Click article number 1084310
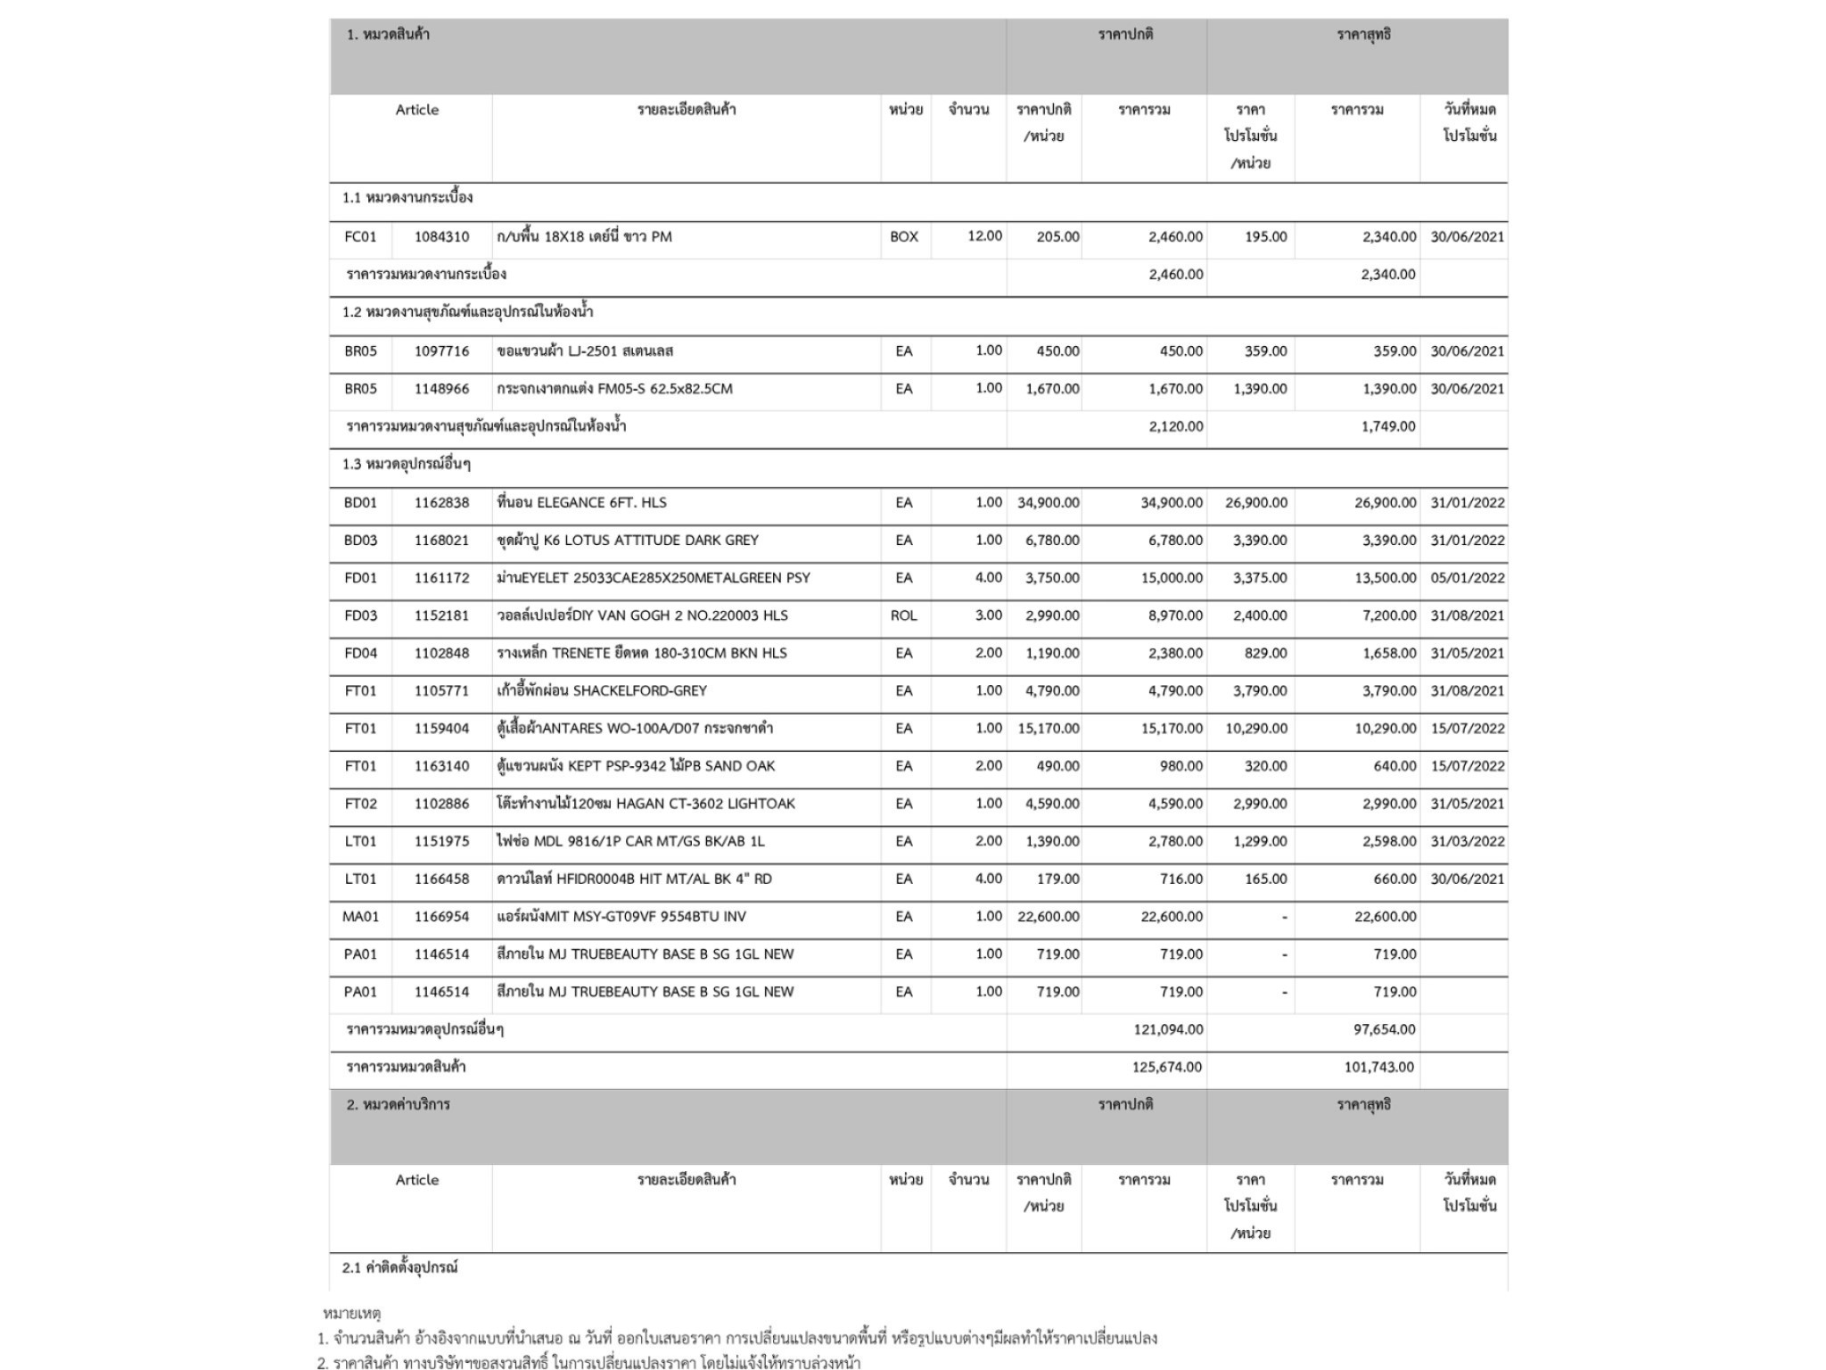click(441, 236)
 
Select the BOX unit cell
click(904, 236)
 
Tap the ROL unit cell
click(904, 615)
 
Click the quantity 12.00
click(984, 236)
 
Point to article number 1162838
click(441, 502)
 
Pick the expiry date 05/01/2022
click(1467, 578)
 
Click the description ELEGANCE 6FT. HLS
click(581, 502)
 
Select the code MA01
click(360, 916)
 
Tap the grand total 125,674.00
click(1167, 1067)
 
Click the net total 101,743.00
click(1379, 1067)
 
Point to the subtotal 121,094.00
click(1168, 1029)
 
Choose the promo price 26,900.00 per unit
click(1255, 502)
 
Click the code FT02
click(360, 804)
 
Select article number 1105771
click(441, 690)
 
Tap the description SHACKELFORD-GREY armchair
click(602, 690)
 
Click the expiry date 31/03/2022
click(1467, 841)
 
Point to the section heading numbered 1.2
click(467, 312)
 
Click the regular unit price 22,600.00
click(1048, 916)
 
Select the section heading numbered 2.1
click(399, 1267)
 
